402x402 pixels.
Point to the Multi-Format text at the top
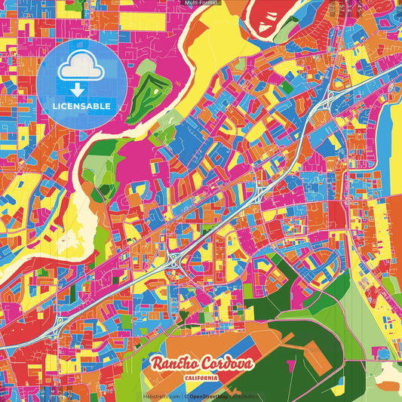tap(201, 3)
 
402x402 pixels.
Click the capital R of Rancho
tap(158, 364)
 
